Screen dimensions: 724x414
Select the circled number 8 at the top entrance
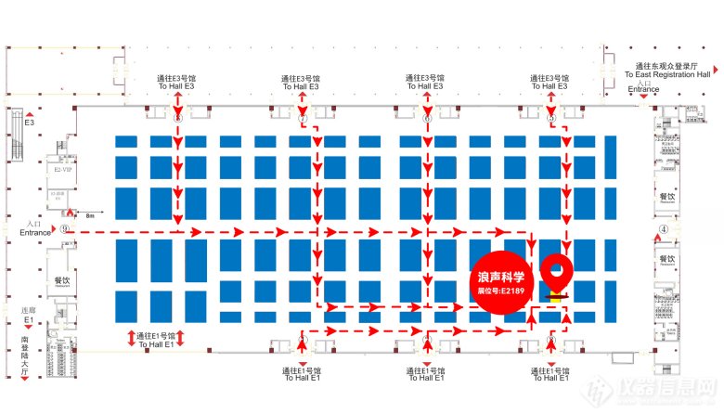(177, 119)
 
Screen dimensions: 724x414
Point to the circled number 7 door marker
(302, 119)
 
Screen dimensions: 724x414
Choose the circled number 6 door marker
(427, 119)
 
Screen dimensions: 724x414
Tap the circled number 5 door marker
(551, 119)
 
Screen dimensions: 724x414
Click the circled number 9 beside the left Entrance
(64, 229)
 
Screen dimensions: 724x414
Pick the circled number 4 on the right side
(663, 229)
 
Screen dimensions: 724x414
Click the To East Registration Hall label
(667, 73)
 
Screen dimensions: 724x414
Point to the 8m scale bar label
(90, 215)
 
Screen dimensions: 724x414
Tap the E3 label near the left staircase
(29, 123)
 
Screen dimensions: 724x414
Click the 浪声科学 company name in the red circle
(502, 276)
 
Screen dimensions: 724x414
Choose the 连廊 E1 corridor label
(28, 315)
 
